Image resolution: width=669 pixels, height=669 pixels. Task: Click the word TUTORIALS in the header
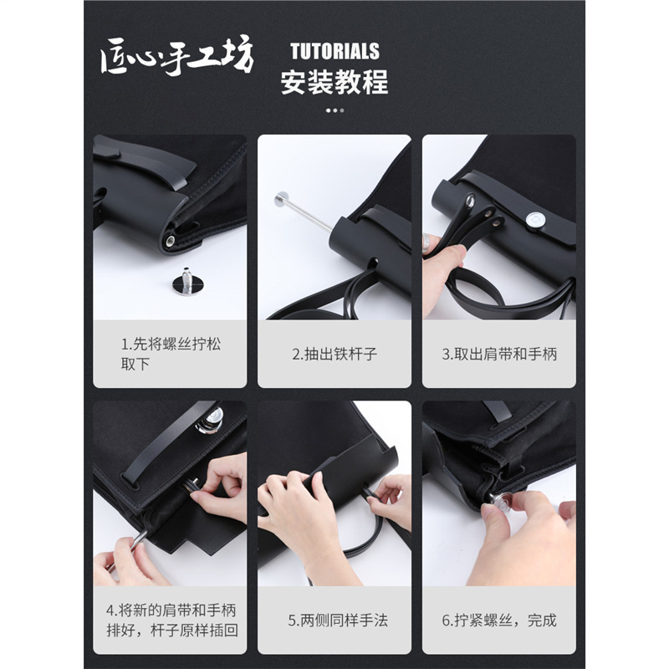tap(335, 51)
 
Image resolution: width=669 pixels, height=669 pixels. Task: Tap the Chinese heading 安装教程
tap(334, 82)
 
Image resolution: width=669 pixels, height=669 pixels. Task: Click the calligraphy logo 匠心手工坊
tap(177, 57)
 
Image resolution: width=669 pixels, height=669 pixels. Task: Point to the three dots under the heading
tap(335, 110)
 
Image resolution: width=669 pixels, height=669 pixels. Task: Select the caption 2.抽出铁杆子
tap(334, 354)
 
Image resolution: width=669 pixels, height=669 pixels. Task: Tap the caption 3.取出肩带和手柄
tap(499, 354)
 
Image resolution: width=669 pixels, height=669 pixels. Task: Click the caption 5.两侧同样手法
tap(338, 620)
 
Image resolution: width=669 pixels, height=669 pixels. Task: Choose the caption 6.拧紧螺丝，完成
tap(499, 620)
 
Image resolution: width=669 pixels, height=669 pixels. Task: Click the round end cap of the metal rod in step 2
tap(282, 199)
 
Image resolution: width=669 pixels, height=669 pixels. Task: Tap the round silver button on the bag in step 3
tap(535, 219)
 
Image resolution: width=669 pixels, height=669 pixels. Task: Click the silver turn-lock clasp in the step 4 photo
tap(209, 421)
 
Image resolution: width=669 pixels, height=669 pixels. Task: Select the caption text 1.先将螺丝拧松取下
tap(171, 354)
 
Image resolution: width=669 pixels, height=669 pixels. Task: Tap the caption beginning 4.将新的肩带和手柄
tap(171, 620)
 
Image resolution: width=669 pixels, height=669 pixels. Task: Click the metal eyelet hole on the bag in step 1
tap(171, 242)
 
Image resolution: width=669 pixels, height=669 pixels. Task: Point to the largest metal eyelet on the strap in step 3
tap(470, 200)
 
